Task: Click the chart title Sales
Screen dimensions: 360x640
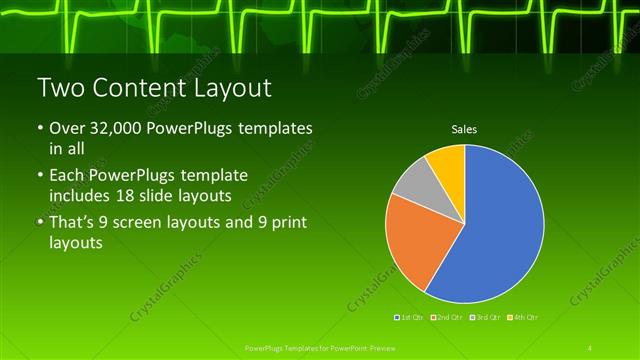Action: (x=463, y=129)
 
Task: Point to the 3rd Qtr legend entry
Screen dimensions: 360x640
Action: (x=484, y=316)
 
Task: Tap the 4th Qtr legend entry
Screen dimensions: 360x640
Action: (x=522, y=316)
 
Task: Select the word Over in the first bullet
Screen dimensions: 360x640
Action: (x=66, y=130)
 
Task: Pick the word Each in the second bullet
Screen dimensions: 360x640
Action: (x=66, y=176)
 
